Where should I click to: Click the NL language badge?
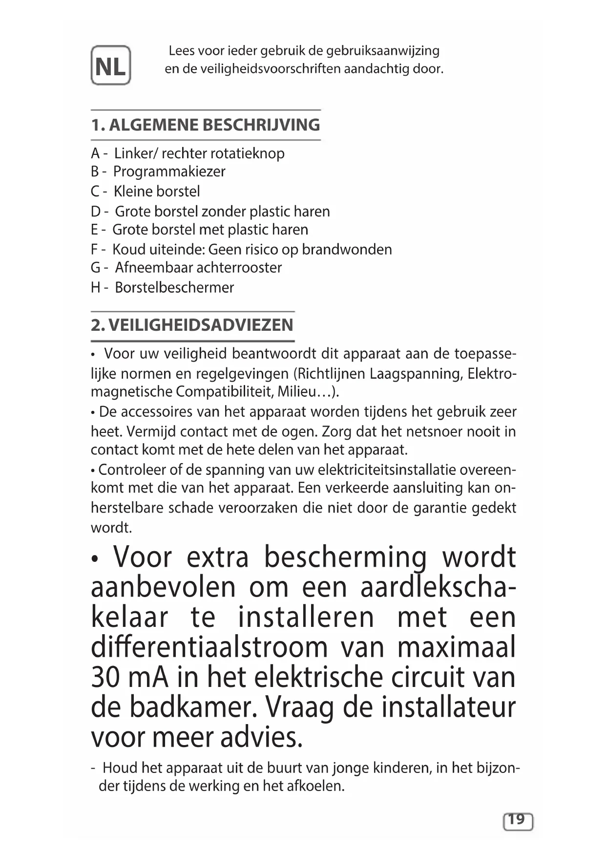tap(111, 65)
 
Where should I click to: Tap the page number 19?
tap(517, 819)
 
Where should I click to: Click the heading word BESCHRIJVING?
tap(261, 125)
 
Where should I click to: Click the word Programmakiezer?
tap(169, 171)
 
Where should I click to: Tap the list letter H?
tap(96, 287)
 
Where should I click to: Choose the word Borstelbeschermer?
tap(174, 287)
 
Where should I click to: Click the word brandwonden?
tap(347, 250)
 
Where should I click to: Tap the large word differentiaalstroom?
tap(209, 648)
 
